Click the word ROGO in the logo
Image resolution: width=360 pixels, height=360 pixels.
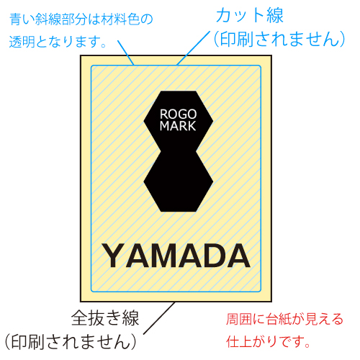point(178,114)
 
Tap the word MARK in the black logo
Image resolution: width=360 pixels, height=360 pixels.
point(178,126)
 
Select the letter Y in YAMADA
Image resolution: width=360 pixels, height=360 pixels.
point(114,256)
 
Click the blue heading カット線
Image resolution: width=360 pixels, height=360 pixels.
point(250,15)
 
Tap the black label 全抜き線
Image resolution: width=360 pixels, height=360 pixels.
point(105,318)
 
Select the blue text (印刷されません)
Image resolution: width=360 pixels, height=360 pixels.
point(279,39)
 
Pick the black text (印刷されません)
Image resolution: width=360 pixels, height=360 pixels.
point(71,342)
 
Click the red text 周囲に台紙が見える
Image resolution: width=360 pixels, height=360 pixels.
point(284,319)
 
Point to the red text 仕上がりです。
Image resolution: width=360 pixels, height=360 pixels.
point(268,341)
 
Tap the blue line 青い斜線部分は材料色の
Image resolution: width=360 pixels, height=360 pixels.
point(81,19)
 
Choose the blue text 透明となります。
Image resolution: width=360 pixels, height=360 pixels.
point(58,42)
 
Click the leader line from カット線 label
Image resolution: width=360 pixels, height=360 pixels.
point(194,48)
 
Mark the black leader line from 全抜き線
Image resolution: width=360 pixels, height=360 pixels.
point(159,318)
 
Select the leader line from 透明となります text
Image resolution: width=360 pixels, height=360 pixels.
point(126,53)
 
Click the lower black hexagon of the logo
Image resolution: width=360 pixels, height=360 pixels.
point(179,181)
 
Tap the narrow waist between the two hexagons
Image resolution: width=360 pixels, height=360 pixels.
point(179,151)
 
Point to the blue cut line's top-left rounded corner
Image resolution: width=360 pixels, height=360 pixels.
point(92,66)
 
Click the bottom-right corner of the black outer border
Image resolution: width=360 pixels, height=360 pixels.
point(271,302)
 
